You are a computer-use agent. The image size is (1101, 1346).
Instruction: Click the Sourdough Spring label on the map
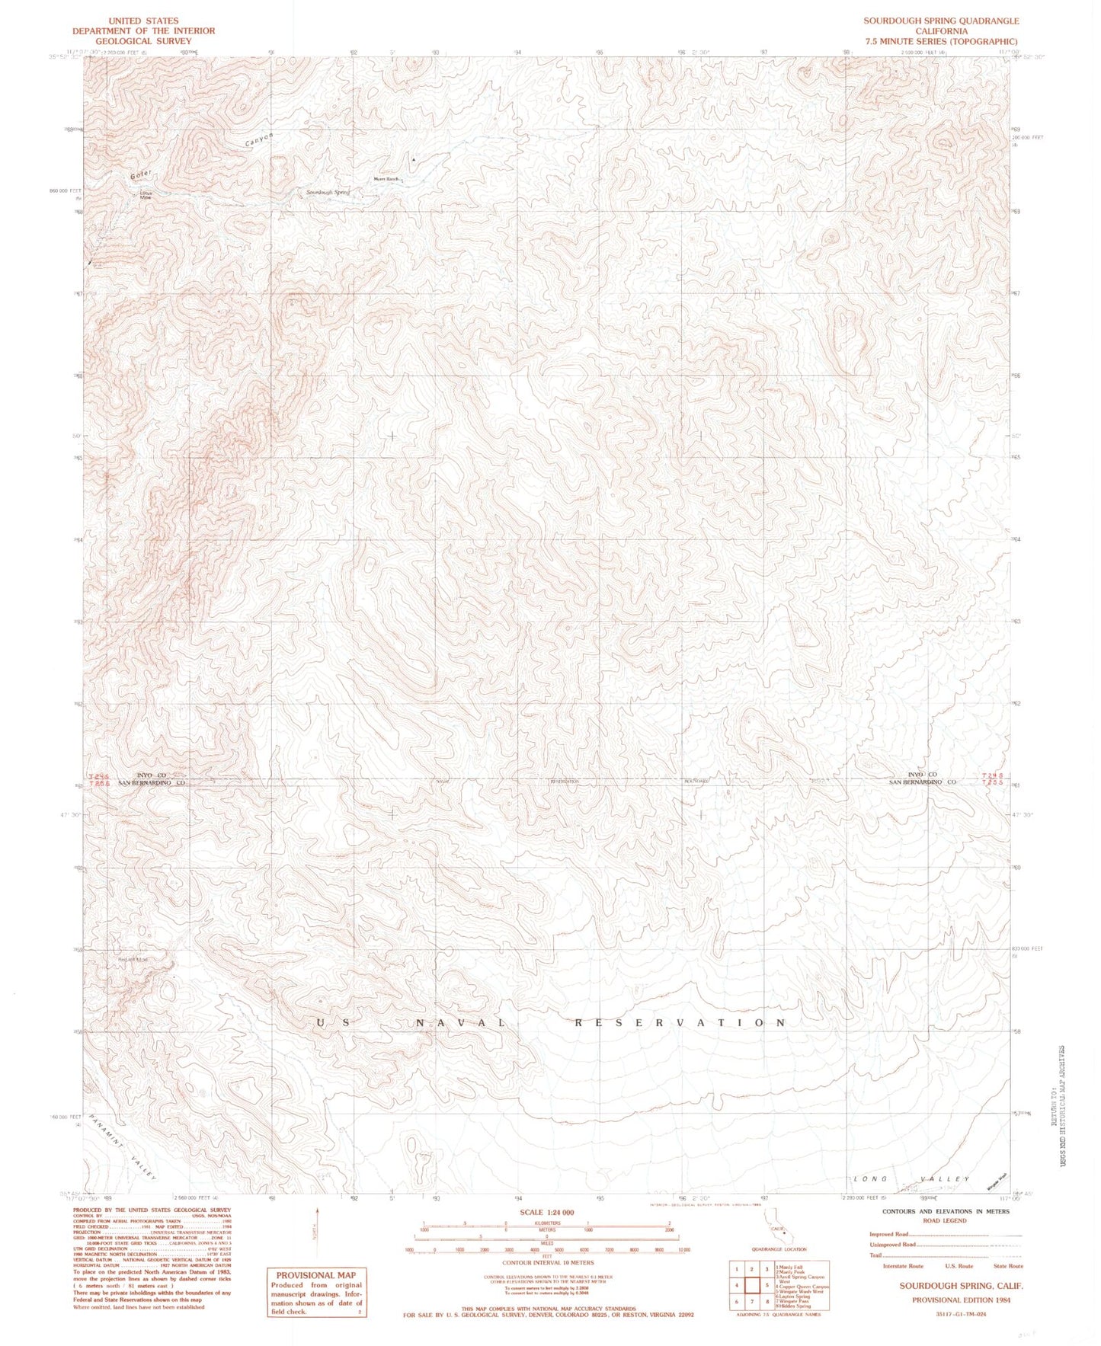click(x=328, y=193)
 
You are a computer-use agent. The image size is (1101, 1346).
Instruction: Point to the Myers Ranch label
click(x=386, y=179)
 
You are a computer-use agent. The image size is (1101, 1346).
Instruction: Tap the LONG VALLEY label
click(x=911, y=1179)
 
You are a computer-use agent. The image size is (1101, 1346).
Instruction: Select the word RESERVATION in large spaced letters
click(x=680, y=1023)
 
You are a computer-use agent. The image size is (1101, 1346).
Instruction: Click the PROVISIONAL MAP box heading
click(x=315, y=1275)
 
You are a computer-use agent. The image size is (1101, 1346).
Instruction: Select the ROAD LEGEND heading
click(x=945, y=1220)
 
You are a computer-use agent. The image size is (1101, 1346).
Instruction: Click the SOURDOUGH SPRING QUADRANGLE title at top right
click(x=940, y=21)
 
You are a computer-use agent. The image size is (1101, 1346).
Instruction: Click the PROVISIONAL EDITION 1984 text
click(x=961, y=1300)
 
